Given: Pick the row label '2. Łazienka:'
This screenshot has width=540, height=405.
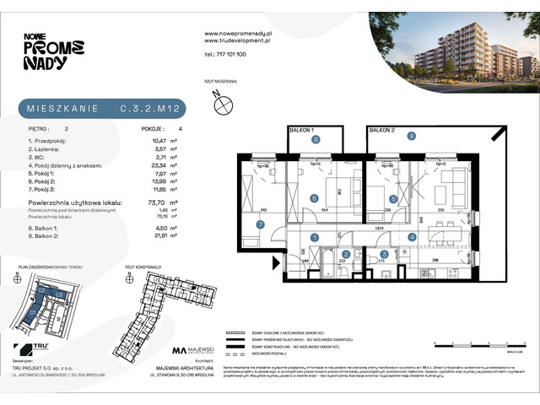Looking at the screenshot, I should click(48, 147).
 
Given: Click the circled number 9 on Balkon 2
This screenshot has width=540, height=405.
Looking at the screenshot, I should click(411, 135).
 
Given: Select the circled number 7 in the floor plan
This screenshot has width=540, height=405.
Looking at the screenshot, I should click(260, 224).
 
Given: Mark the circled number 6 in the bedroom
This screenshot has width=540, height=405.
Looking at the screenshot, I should click(314, 199).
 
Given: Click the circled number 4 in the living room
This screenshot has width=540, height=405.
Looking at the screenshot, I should click(412, 237).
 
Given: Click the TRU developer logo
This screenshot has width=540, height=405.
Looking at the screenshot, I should click(35, 348).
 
